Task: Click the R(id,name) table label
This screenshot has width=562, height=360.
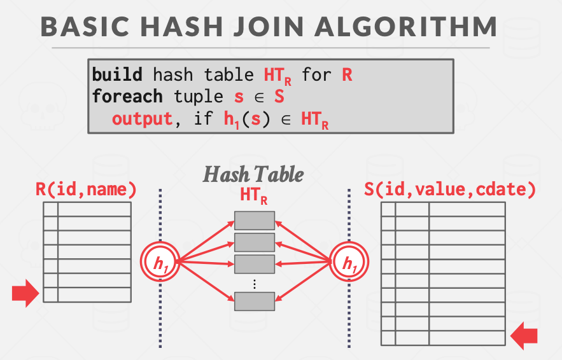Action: pos(87,189)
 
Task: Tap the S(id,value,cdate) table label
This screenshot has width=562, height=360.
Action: pos(449,189)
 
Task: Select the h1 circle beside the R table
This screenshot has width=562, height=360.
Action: pos(158,261)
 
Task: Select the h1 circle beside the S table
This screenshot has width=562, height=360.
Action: pos(349,261)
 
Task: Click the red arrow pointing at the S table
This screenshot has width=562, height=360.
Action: pos(525,335)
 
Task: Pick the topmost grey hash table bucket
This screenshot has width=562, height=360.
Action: pos(254,220)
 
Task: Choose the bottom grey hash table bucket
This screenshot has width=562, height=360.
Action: pos(254,300)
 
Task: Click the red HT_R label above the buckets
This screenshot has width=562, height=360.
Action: pos(253,197)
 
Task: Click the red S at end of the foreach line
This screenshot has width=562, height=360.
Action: pos(278,97)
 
